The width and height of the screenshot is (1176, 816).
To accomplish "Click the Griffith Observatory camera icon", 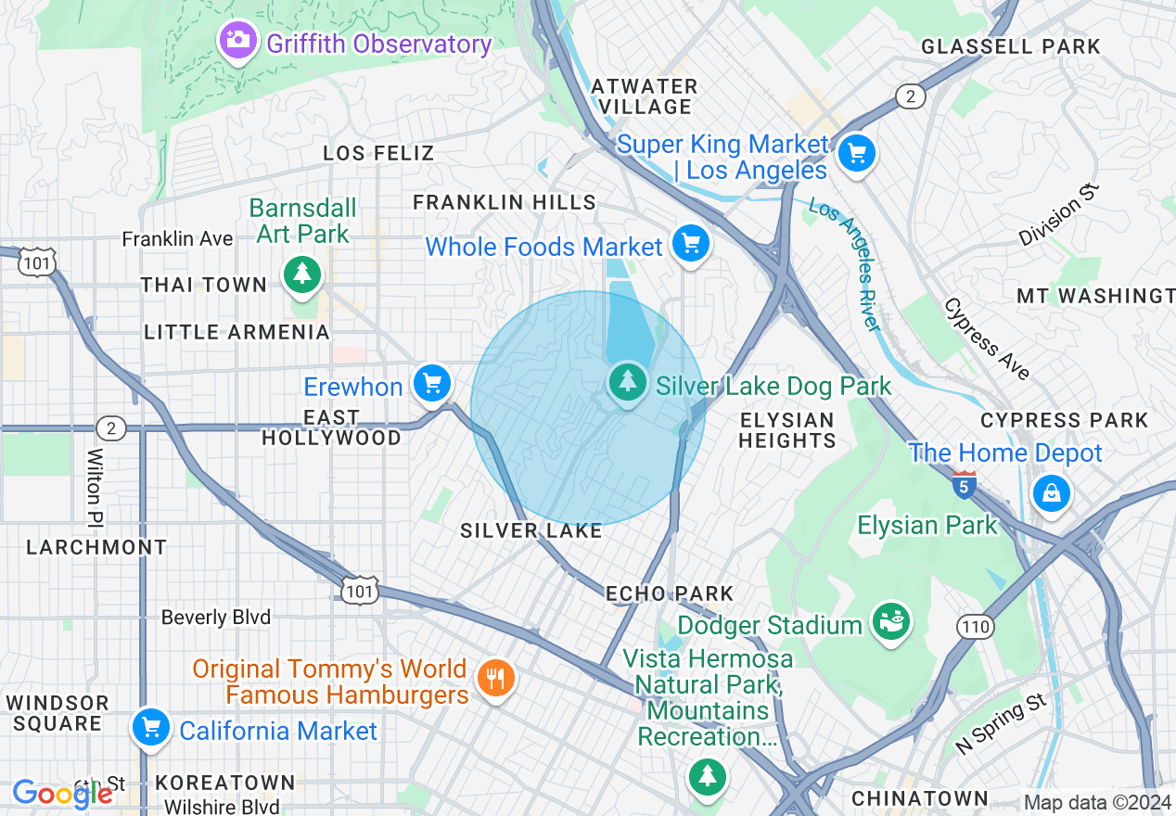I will pyautogui.click(x=238, y=40).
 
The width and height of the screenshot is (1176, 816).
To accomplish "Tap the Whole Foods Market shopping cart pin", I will pyautogui.click(x=690, y=244).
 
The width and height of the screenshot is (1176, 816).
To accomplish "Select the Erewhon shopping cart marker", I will pyautogui.click(x=431, y=383).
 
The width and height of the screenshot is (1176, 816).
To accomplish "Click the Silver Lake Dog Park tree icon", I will pyautogui.click(x=628, y=381).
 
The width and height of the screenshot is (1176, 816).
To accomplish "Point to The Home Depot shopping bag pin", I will pyautogui.click(x=1052, y=493).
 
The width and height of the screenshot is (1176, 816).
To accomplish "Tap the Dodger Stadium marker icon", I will pyautogui.click(x=890, y=622).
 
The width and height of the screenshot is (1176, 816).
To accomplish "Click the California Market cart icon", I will pyautogui.click(x=150, y=728).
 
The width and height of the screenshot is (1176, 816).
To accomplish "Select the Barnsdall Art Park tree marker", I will pyautogui.click(x=302, y=274).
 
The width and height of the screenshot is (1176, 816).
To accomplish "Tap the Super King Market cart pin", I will pyautogui.click(x=855, y=153).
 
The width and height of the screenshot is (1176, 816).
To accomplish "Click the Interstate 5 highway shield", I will pyautogui.click(x=964, y=484).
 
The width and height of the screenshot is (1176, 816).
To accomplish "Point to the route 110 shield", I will pyautogui.click(x=976, y=628).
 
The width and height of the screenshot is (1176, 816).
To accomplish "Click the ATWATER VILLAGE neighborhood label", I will pyautogui.click(x=645, y=96).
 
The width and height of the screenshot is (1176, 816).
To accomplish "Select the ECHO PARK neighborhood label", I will pyautogui.click(x=670, y=593).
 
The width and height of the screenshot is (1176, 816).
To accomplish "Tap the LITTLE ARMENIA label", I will pyautogui.click(x=237, y=332).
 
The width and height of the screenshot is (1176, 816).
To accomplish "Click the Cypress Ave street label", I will pyautogui.click(x=987, y=339).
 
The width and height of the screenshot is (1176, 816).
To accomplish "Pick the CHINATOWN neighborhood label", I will pyautogui.click(x=920, y=798).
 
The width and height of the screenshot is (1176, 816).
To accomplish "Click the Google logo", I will pyautogui.click(x=61, y=793).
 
